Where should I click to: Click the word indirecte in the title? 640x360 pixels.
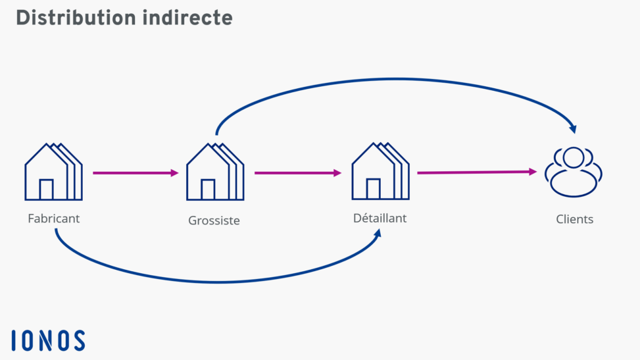pyautogui.click(x=187, y=18)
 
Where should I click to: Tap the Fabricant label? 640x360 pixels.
pyautogui.click(x=54, y=218)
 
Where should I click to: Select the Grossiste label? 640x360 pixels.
pyautogui.click(x=214, y=220)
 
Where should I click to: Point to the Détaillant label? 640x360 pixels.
pyautogui.click(x=380, y=218)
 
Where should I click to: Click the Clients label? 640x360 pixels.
pyautogui.click(x=574, y=219)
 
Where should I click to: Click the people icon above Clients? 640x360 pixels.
pyautogui.click(x=574, y=172)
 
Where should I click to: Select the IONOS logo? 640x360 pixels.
pyautogui.click(x=48, y=340)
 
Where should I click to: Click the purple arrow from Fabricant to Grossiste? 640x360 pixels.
pyautogui.click(x=135, y=173)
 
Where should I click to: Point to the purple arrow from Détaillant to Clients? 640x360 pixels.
pyautogui.click(x=476, y=172)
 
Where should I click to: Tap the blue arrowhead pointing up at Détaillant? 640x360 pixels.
pyautogui.click(x=378, y=235)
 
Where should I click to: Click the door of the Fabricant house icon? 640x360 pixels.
pyautogui.click(x=46, y=190)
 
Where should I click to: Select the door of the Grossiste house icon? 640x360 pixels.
pyautogui.click(x=208, y=190)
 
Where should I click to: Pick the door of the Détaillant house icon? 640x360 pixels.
pyautogui.click(x=373, y=188)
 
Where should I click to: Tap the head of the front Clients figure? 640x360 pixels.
pyautogui.click(x=574, y=158)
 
